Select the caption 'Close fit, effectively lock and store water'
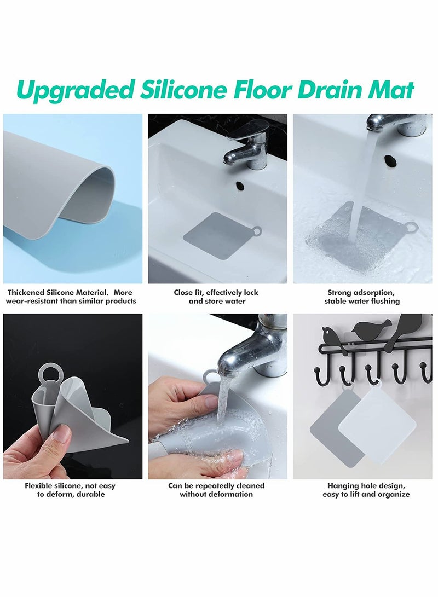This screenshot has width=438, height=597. tap(216, 297)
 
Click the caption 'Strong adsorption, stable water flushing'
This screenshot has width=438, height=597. tap(362, 297)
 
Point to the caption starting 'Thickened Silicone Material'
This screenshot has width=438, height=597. tap(71, 297)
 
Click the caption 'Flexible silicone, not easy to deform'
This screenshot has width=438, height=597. tap(70, 490)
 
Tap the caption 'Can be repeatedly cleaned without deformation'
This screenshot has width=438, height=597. tap(216, 490)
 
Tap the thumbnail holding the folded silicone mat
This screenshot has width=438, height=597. tap(73, 396)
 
